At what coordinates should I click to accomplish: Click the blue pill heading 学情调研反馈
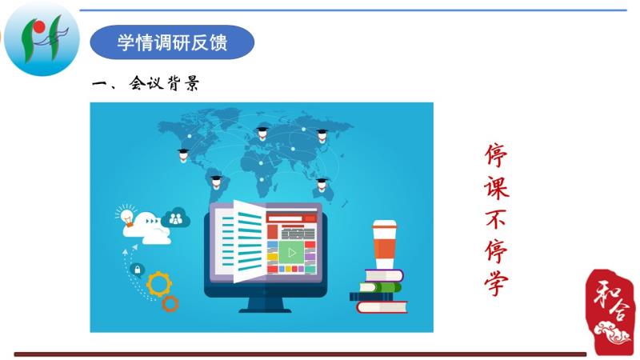172,42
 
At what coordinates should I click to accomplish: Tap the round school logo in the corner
42,39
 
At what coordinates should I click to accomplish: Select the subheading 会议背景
164,83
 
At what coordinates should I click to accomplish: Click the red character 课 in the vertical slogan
497,188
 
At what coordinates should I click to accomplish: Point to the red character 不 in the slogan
496,220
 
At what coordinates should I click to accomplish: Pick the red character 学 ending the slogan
496,283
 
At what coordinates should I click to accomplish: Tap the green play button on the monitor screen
291,253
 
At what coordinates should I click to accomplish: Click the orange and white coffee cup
384,245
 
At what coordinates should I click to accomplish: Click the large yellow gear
158,284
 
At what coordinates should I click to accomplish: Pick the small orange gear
170,304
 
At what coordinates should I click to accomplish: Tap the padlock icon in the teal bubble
137,270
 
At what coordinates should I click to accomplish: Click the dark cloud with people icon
176,218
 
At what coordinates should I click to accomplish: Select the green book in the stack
380,287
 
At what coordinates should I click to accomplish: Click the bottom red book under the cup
382,307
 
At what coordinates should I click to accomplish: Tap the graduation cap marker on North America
183,155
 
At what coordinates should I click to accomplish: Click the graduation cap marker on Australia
322,185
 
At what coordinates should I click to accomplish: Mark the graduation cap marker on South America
216,182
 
